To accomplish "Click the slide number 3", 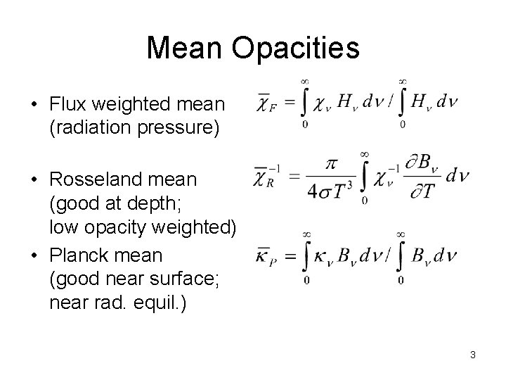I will coord(473,355).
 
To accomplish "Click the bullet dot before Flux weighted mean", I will coord(35,106).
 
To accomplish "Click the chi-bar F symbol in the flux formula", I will coord(265,105).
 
